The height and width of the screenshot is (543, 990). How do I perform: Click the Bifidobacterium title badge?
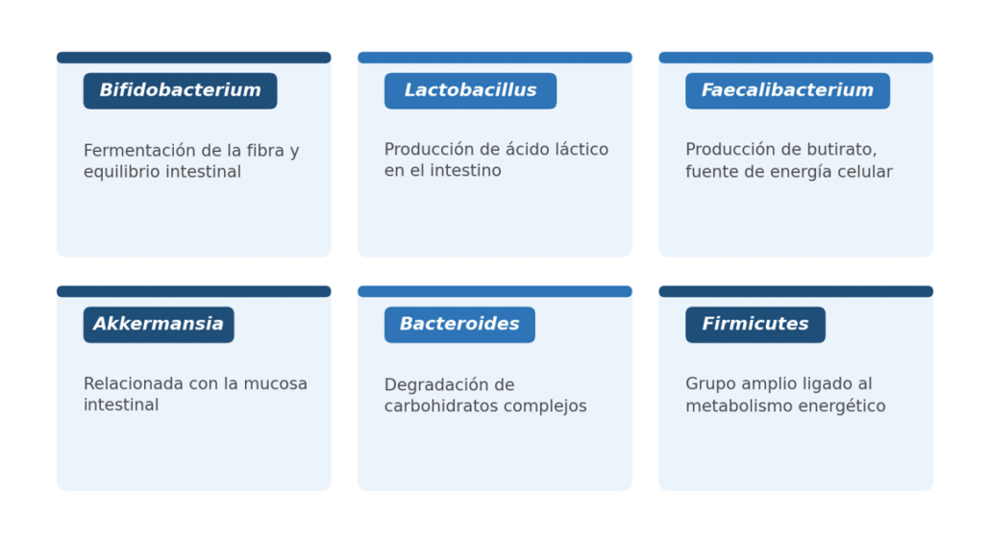point(180,91)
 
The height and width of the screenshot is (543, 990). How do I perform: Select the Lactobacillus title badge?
point(470,91)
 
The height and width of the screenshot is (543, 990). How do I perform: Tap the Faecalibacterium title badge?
point(788,91)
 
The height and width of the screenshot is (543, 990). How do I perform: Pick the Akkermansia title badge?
point(159,325)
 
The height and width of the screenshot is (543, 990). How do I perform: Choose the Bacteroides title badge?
point(459,325)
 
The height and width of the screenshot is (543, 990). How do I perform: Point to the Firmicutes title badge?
point(755,325)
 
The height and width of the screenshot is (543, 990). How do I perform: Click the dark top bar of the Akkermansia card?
point(194,292)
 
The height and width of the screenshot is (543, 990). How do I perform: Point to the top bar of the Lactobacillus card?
point(495,58)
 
